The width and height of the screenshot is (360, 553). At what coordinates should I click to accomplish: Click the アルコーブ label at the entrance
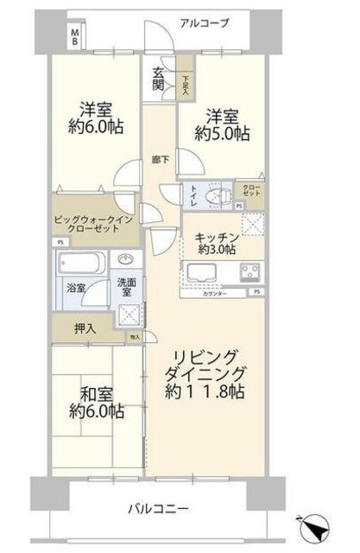click(205, 23)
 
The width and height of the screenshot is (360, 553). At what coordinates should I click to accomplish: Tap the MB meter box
click(75, 36)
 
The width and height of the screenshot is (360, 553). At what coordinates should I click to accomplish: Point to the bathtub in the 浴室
click(81, 262)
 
